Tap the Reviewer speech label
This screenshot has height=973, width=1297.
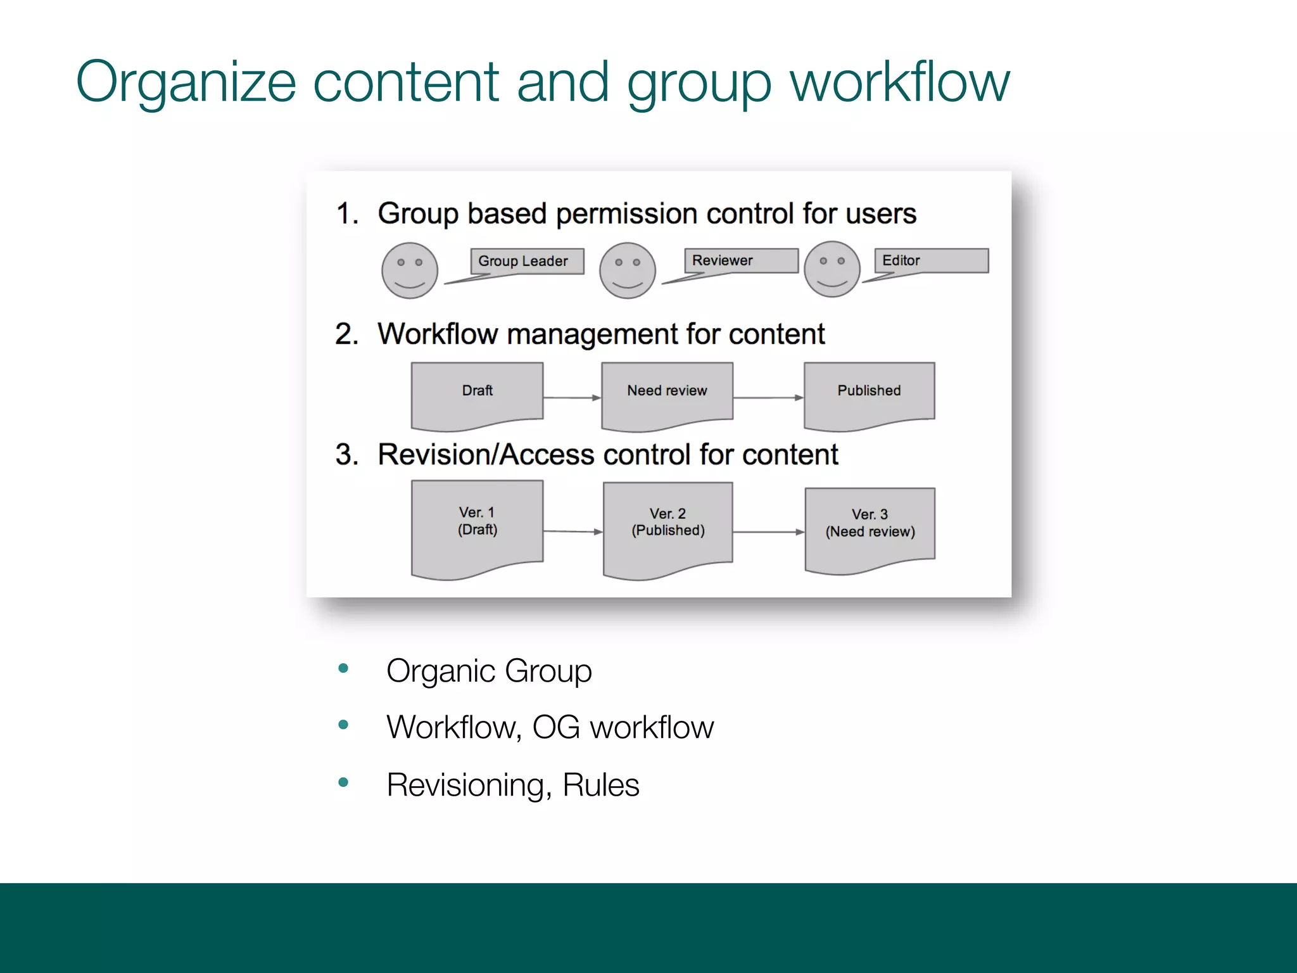click(740, 260)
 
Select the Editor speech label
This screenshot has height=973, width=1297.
click(931, 260)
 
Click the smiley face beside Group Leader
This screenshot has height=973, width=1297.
click(410, 270)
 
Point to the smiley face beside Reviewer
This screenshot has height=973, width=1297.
click(628, 270)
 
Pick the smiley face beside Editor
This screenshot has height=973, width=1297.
click(832, 269)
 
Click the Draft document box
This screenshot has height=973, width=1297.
click(477, 394)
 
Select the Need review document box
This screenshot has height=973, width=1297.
click(667, 394)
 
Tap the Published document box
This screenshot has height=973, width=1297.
click(869, 394)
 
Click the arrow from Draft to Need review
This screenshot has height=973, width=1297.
click(572, 398)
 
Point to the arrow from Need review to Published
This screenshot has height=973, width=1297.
click(768, 398)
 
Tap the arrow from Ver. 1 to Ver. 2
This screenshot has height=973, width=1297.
click(573, 531)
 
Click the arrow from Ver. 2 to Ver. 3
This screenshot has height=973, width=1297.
click(768, 532)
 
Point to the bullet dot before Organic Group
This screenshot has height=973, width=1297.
click(344, 668)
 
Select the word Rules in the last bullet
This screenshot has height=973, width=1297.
click(601, 785)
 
